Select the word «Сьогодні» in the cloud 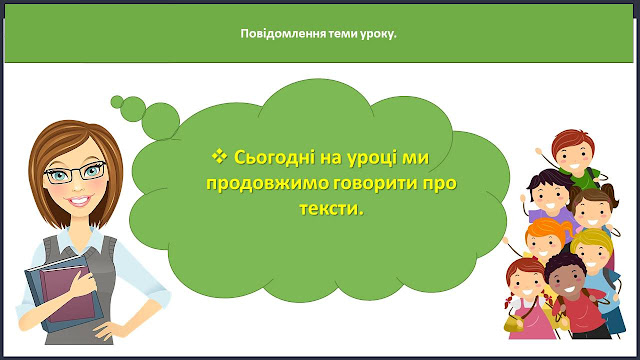pos(275,157)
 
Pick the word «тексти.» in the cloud pos(331,209)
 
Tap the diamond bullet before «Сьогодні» pos(219,156)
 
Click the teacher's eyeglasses pos(76,172)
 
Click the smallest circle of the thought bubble pos(117,102)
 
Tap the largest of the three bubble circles pos(161,121)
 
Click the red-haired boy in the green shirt pos(575,157)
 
